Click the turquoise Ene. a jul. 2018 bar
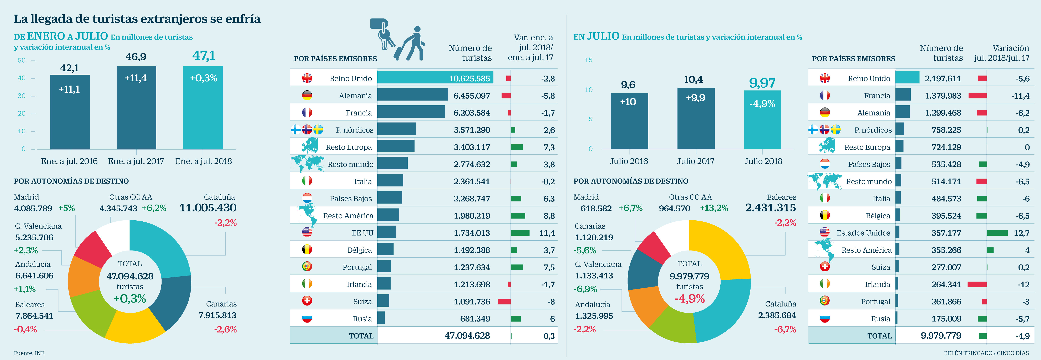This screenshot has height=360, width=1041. [203, 107]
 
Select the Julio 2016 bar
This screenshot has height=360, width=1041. [629, 121]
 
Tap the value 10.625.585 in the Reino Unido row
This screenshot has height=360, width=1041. [469, 78]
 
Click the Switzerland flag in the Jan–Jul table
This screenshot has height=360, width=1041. [307, 301]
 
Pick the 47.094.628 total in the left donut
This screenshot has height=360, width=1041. [130, 276]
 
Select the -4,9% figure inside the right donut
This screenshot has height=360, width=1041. [689, 299]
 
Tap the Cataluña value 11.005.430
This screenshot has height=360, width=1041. [208, 208]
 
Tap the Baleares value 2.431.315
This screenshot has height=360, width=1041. [770, 208]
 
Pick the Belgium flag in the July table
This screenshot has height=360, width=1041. [824, 215]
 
